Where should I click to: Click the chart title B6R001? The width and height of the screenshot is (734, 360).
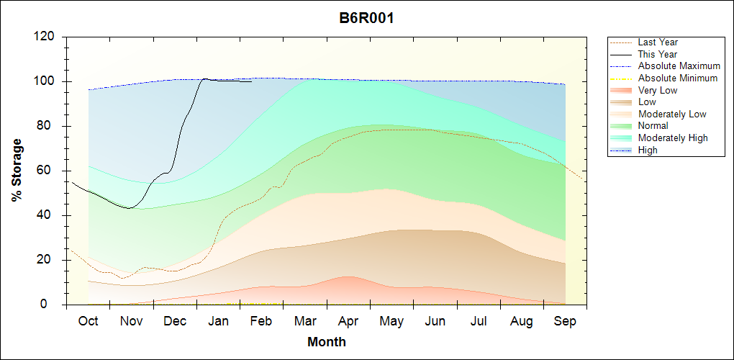pos(366,18)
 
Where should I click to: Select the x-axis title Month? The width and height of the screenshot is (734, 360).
pos(327,342)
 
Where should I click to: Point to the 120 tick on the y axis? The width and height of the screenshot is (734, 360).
pos(47,37)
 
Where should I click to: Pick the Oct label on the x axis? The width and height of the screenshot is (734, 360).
pos(88,321)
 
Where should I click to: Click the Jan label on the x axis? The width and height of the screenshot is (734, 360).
pos(218,321)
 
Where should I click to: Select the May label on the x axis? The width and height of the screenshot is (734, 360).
pos(391,321)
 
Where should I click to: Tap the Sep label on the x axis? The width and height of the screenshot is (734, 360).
pos(565,321)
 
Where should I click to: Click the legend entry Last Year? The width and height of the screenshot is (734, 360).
pos(658,42)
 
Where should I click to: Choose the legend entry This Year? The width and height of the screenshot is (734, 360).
pos(658,54)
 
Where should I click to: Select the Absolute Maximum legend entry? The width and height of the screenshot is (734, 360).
pos(679,66)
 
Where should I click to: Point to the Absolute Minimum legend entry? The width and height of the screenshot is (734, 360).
pos(678,78)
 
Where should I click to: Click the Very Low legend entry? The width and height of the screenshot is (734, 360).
pos(658,90)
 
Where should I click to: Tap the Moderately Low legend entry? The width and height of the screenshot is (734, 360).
pos(672,114)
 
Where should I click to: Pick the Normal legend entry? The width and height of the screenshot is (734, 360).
pos(653,126)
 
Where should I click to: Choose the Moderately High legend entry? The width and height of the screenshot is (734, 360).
pos(673,138)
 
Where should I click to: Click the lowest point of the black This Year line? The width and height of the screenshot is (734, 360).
pos(129,208)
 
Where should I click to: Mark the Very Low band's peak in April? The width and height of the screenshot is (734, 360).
pos(348,276)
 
